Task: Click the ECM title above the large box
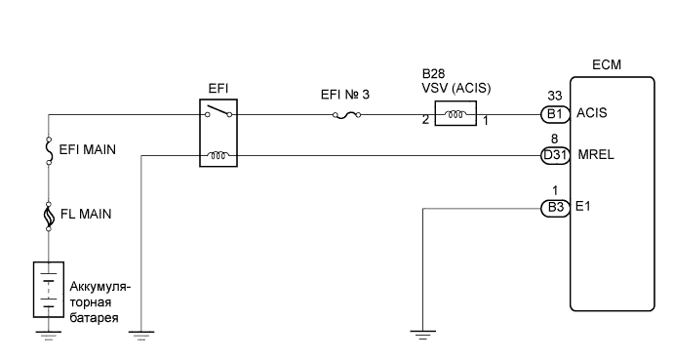point(607,64)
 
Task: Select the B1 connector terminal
point(553,113)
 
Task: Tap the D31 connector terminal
point(553,154)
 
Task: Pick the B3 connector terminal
point(553,207)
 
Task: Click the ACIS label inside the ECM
point(592,113)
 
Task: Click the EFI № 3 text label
point(346,95)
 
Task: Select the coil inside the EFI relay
point(218,154)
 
